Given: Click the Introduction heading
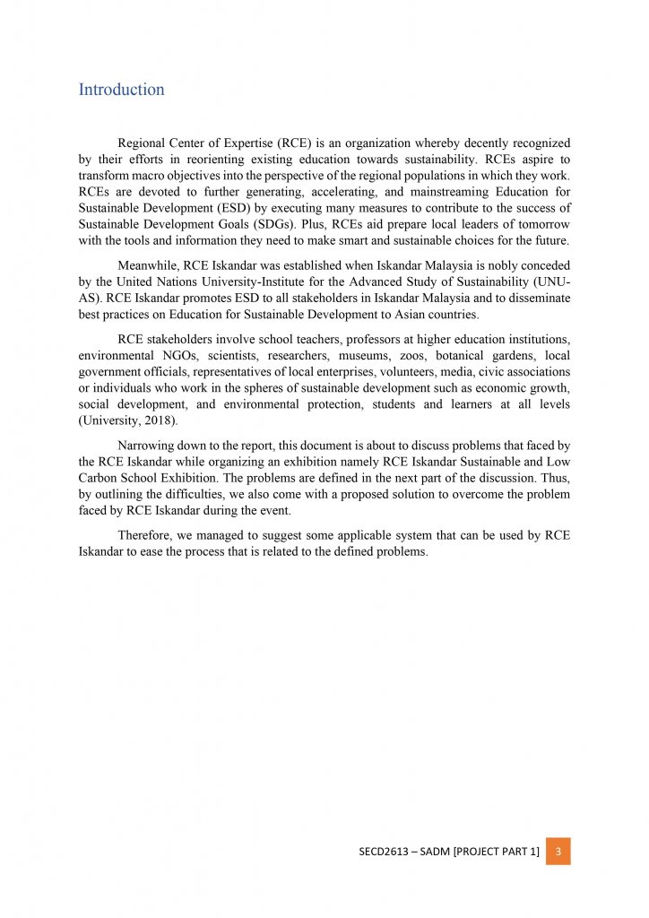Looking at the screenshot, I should click(x=121, y=90).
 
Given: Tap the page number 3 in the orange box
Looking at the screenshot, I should click(x=558, y=851).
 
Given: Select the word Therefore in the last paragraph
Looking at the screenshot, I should click(x=145, y=535).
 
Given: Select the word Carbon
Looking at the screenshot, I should click(x=100, y=479).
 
